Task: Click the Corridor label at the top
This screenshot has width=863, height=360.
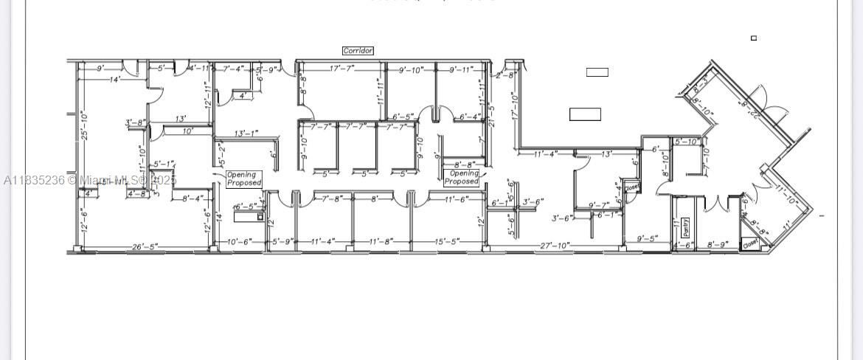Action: point(358,51)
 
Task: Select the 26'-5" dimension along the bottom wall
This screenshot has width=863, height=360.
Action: point(145,246)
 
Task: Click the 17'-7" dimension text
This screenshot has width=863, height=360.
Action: point(342,69)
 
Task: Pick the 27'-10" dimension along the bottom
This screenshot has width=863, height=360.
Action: point(555,245)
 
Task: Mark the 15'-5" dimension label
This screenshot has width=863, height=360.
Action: point(448,241)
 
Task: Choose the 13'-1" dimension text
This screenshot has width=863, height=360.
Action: point(246,134)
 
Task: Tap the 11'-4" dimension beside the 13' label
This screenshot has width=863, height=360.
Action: point(546,153)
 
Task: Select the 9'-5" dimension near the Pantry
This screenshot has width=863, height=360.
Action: point(651,238)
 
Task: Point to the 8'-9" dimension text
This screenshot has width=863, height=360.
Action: point(718,244)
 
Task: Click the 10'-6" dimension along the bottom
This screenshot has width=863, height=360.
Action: point(239,241)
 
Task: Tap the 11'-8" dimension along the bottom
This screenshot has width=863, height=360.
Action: point(381,241)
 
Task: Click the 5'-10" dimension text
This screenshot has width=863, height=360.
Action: point(687,142)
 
